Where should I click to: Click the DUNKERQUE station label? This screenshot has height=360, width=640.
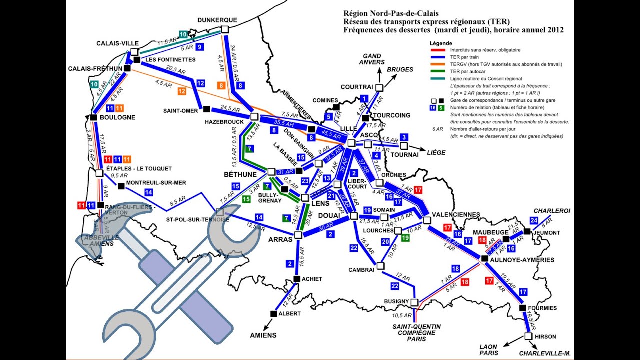(x=217, y=20)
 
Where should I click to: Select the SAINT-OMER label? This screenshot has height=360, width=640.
(x=180, y=111)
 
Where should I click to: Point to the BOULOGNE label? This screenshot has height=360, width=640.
(x=117, y=117)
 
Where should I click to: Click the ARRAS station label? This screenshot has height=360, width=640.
(x=281, y=239)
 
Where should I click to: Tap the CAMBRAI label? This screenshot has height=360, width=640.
(x=361, y=270)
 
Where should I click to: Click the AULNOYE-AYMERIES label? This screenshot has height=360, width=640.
(x=524, y=260)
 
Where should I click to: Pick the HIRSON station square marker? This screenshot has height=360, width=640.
(x=528, y=336)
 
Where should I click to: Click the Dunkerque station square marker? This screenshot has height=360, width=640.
(x=224, y=30)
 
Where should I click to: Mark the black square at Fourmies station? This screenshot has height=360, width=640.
(x=522, y=308)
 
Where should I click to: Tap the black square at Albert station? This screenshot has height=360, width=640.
(x=273, y=313)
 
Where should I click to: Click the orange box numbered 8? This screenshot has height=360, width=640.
(x=221, y=85)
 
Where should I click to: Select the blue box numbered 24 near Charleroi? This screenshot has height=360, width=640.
(x=534, y=220)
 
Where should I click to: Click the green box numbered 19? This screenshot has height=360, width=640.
(x=405, y=238)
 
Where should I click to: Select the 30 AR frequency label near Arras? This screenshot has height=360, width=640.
(x=325, y=227)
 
